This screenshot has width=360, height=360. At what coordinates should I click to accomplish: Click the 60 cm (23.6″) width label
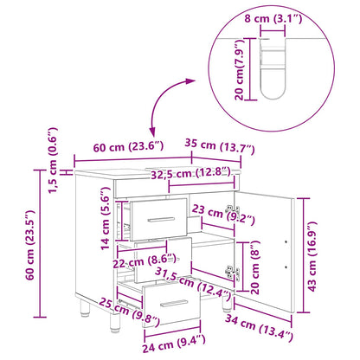128,147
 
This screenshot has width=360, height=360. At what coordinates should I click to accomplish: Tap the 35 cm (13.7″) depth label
220,146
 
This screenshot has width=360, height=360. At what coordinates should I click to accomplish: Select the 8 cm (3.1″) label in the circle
273,19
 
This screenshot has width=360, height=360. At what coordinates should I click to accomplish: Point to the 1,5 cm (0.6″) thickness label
53,160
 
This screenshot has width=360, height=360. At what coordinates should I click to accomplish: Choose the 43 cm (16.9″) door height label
312,256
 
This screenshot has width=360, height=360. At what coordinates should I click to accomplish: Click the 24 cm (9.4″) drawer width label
174,344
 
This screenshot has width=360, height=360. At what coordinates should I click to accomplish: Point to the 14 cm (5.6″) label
106,218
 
